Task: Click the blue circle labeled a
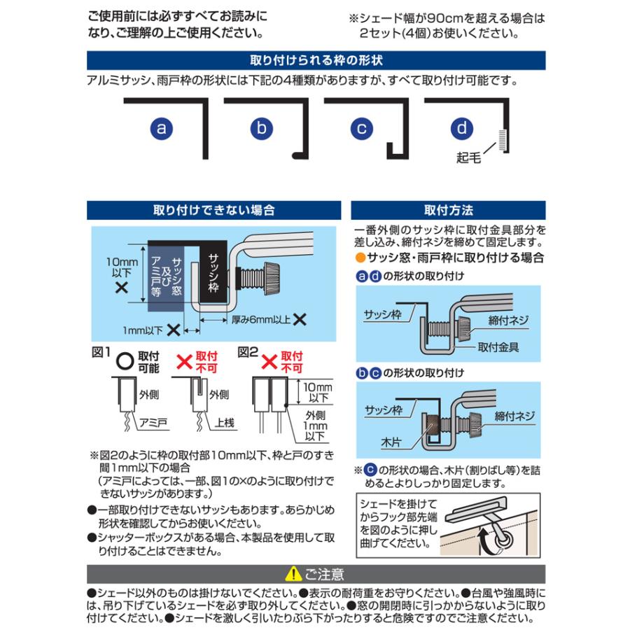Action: coord(162,128)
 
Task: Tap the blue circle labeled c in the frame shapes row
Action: coord(362,128)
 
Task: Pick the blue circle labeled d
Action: coord(462,128)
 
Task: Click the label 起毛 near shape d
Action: coord(468,158)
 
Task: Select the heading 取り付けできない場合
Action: coord(213,210)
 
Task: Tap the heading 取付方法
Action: coord(448,210)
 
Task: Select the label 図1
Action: coord(102,352)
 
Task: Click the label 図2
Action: coord(248,352)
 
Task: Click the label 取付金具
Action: coord(498,346)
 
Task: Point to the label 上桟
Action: coord(225,423)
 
